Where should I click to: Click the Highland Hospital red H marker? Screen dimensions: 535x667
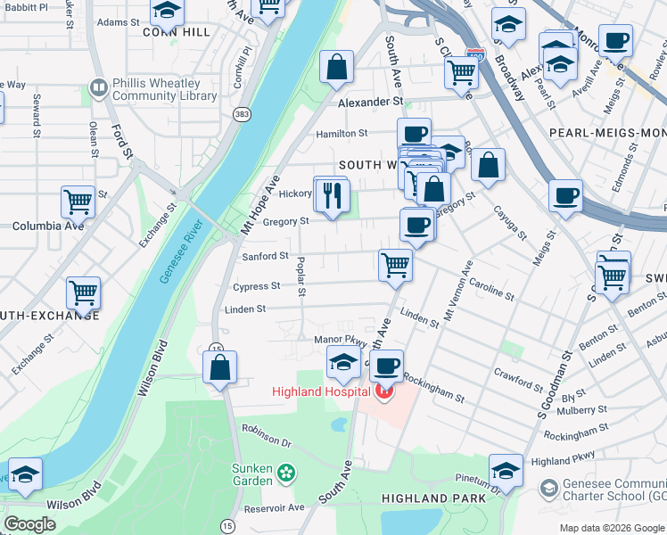click(384, 391)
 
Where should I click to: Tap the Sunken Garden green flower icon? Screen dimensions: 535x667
click(285, 471)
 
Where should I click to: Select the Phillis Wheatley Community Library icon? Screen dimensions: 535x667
click(98, 88)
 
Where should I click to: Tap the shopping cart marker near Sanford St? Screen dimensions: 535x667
click(394, 264)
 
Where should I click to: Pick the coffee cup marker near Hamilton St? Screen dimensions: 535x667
click(414, 135)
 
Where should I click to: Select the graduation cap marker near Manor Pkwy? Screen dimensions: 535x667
click(343, 363)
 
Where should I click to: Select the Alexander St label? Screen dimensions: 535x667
click(370, 103)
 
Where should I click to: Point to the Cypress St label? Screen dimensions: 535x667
click(257, 287)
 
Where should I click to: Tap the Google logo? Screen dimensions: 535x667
click(29, 524)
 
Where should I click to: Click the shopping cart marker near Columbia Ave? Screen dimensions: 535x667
click(78, 202)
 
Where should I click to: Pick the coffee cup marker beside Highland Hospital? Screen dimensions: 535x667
click(386, 366)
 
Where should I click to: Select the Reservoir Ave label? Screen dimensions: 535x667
click(276, 507)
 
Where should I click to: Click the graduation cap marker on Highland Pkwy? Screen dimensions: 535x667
click(506, 471)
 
